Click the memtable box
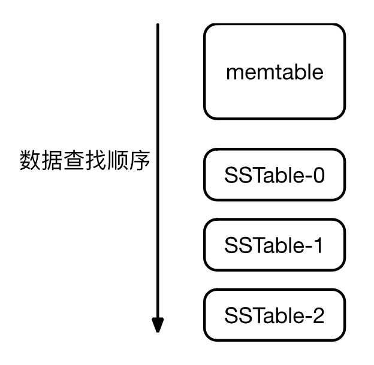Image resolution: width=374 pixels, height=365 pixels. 275,72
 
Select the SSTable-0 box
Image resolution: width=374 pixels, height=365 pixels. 275,175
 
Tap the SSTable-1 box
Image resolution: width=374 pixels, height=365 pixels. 275,244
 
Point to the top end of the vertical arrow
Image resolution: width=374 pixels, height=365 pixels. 157,25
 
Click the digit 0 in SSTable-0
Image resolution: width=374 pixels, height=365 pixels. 317,175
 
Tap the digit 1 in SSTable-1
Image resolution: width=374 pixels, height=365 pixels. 317,245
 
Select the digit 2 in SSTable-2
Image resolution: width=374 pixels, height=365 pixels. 317,315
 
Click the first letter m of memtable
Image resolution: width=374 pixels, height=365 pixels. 234,73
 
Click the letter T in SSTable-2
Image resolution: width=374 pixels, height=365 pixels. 257,315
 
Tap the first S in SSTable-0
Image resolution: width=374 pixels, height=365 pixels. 231,175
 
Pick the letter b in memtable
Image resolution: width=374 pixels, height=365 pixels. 297,71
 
